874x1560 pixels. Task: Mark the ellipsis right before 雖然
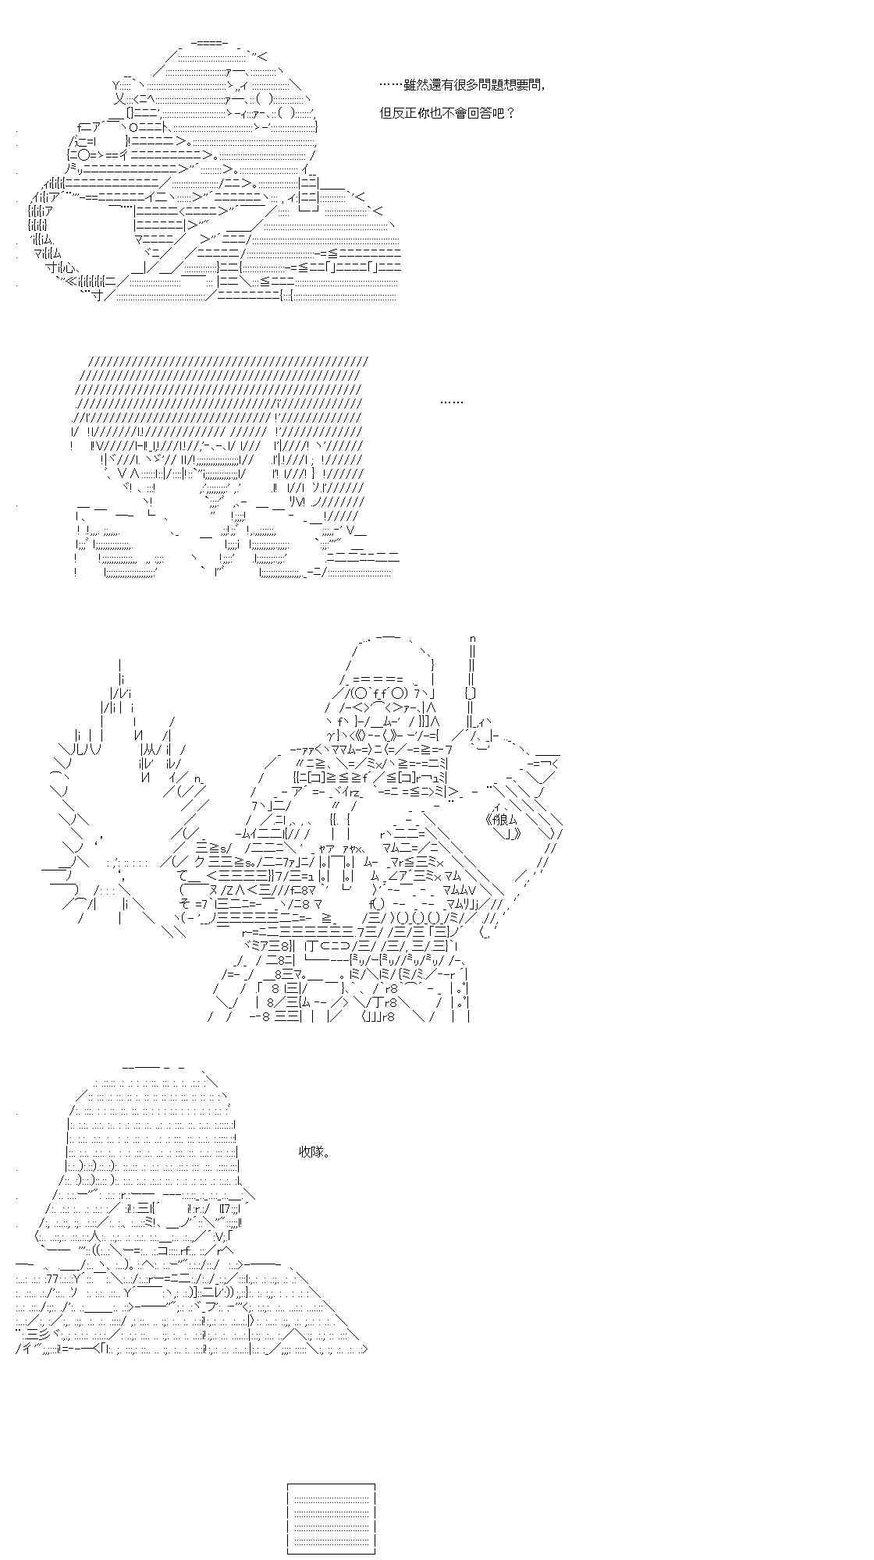point(391,86)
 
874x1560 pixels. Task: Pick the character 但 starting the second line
point(385,112)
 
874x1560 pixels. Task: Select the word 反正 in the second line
point(404,112)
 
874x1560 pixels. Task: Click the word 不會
point(454,112)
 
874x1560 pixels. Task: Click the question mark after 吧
point(510,112)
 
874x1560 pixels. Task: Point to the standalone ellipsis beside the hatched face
point(452,402)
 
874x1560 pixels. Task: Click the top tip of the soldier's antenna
point(473,640)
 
